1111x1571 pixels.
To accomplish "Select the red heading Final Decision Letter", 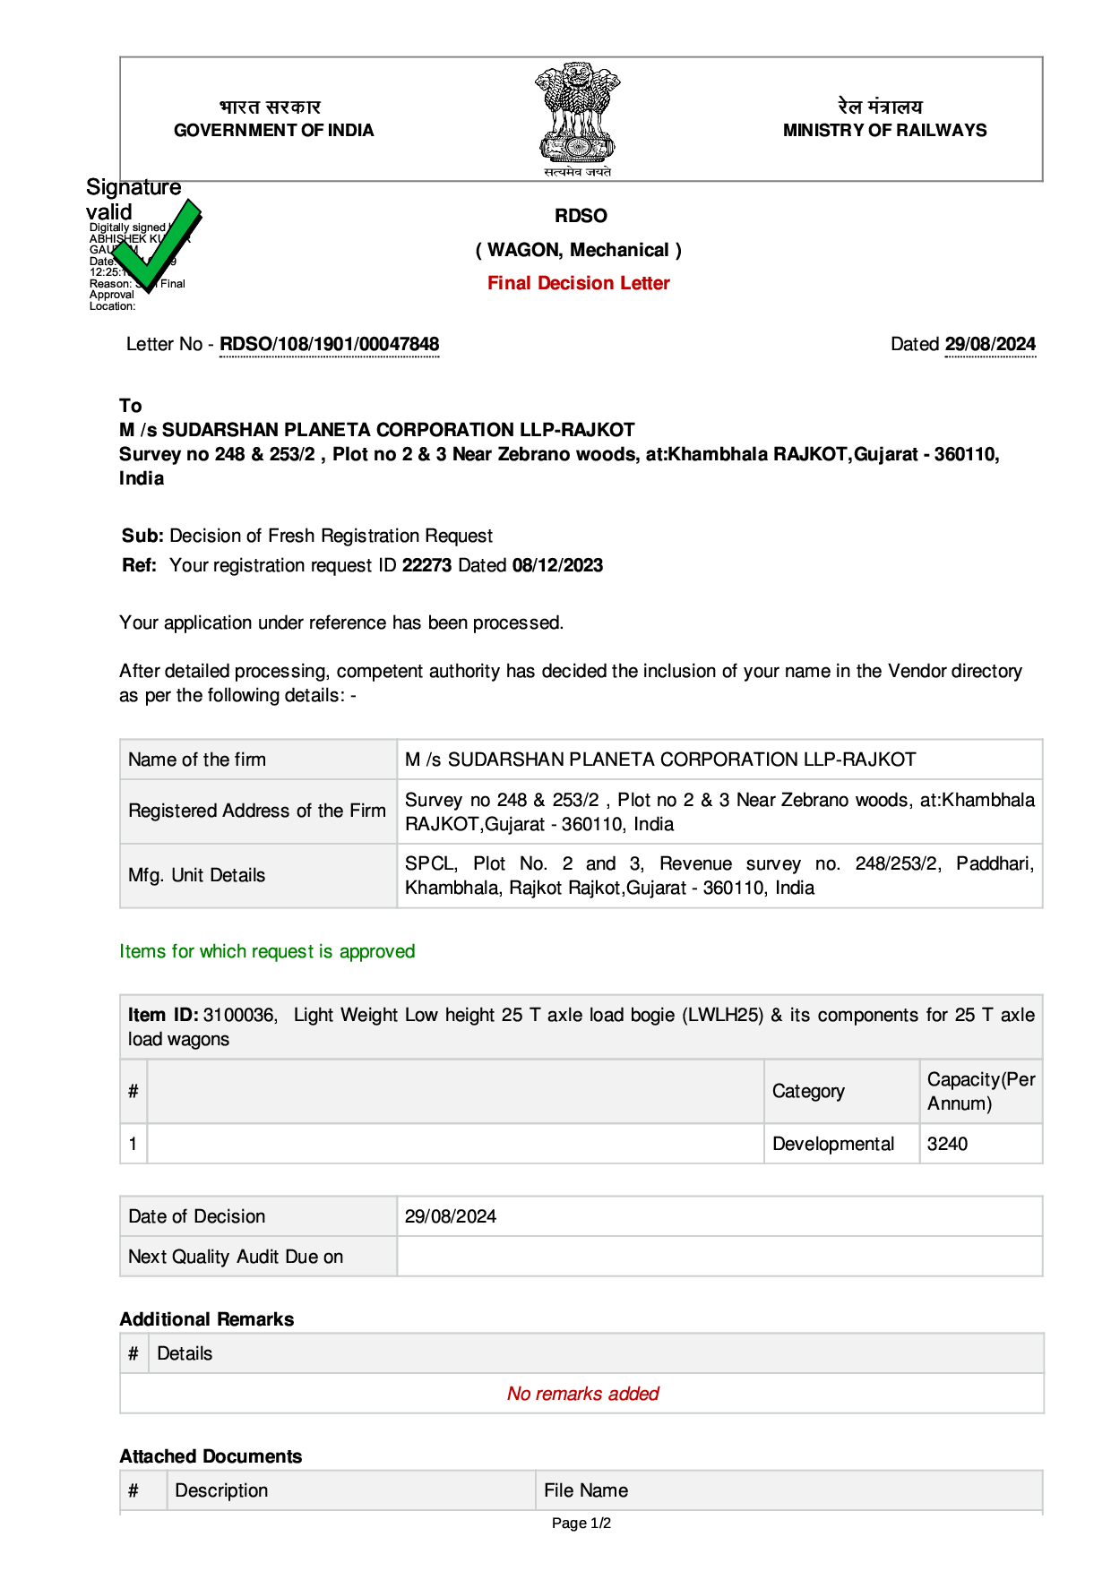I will (579, 283).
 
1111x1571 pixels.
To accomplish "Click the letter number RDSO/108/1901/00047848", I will (330, 344).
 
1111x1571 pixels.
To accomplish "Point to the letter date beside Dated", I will (990, 344).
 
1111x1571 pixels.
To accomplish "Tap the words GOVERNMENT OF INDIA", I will (273, 130).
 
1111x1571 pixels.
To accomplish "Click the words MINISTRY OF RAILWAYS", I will (884, 130).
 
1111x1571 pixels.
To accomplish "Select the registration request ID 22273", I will (426, 565).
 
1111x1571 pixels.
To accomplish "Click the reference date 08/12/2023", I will (557, 565).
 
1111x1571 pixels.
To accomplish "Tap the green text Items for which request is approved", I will (267, 951).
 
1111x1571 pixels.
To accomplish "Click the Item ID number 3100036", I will (239, 1015).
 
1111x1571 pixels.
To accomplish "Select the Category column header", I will (808, 1091).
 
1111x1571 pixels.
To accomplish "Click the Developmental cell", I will (833, 1144).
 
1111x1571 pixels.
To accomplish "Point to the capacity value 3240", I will (947, 1144).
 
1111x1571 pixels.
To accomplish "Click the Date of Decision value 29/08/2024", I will (451, 1216).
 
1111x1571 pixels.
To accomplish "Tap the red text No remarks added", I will (582, 1394).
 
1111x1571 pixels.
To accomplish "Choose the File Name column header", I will (586, 1490).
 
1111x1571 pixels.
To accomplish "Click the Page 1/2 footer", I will (581, 1523).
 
